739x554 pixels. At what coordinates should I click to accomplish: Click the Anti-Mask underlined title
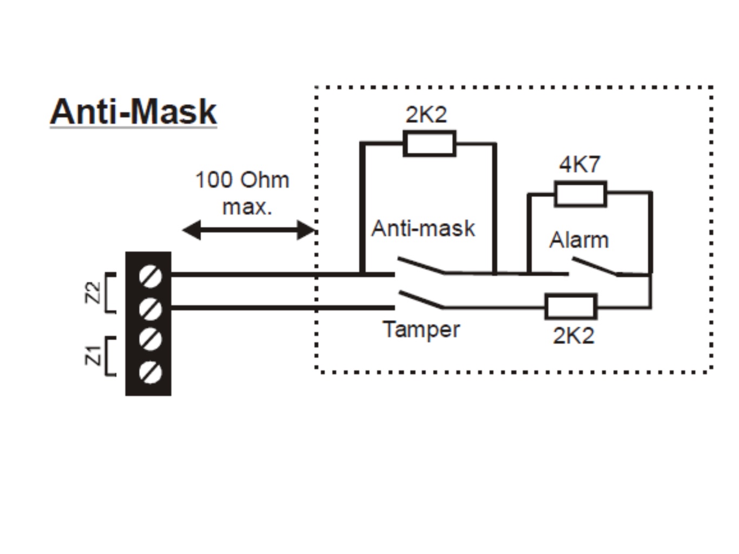133,112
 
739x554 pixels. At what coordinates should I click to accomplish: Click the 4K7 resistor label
579,164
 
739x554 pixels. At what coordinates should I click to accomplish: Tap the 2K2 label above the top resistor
426,115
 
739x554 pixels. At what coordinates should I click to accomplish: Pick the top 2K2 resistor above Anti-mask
430,144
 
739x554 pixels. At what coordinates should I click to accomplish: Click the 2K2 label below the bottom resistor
573,336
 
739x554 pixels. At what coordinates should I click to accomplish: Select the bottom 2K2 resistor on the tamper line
571,307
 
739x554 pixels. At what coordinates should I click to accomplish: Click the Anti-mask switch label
423,228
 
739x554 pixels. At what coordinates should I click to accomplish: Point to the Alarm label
579,240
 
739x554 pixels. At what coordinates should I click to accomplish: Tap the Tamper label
421,329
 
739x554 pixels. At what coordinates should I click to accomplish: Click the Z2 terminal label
93,293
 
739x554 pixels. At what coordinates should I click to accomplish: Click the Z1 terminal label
93,355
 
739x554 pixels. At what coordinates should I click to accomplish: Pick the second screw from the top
150,309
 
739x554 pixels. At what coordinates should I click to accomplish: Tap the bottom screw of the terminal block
150,372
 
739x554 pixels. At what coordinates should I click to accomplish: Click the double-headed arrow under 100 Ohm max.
249,230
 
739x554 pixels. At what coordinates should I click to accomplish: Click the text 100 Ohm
242,180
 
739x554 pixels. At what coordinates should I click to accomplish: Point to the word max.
247,207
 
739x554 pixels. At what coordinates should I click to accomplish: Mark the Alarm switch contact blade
595,267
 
